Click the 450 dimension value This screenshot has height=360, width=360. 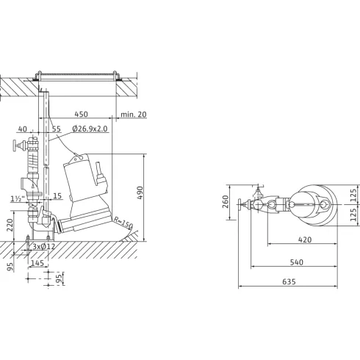(81, 114)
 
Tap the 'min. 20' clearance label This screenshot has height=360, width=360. (134, 114)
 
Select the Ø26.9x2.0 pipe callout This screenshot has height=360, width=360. (90, 129)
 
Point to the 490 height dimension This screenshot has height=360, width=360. (140, 192)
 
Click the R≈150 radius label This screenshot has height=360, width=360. (123, 223)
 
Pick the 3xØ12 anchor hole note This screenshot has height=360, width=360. (44, 246)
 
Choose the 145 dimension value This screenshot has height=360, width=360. (37, 263)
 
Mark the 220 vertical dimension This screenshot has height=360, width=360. (10, 225)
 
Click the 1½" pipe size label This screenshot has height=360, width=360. (18, 198)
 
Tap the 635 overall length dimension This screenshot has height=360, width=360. (289, 281)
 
